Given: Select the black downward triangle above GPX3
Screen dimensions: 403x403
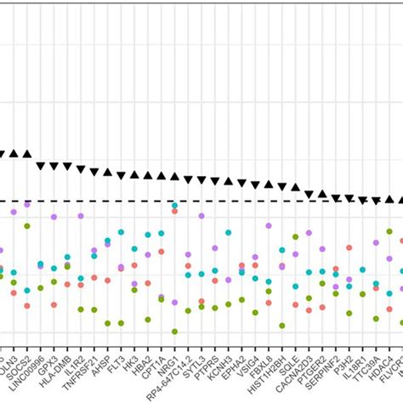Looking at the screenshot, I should (x=54, y=166).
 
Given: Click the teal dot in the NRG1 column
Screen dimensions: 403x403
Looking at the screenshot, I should (x=174, y=205).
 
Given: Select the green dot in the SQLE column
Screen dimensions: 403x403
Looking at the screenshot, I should (x=295, y=237).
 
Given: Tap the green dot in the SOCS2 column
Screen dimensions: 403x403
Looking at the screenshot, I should (x=27, y=226).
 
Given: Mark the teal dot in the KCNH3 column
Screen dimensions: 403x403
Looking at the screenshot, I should (x=228, y=232).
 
